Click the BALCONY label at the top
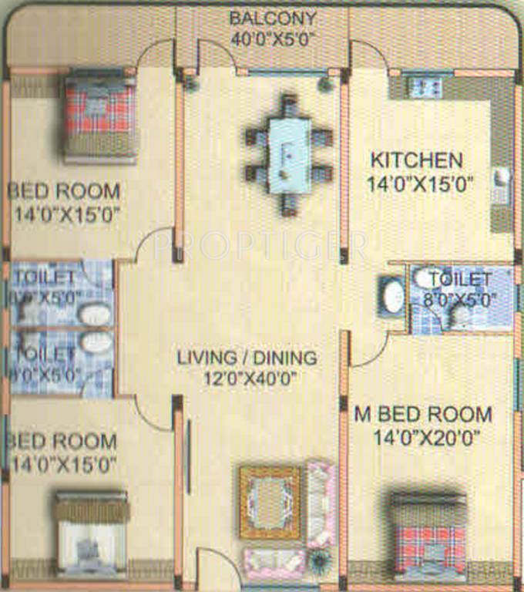[262, 18]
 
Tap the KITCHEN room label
[417, 161]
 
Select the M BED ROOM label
[422, 414]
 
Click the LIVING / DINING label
[247, 358]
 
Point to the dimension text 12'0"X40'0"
[247, 378]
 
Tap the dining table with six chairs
[289, 154]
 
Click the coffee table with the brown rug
[270, 502]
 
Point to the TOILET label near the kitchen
[460, 279]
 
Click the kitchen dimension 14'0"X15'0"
[421, 183]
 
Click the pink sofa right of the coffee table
[321, 502]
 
